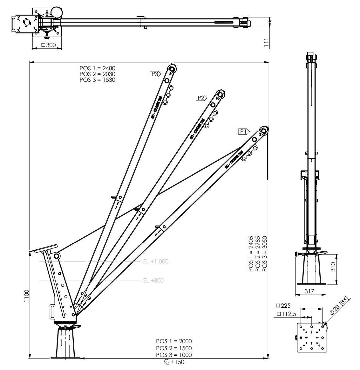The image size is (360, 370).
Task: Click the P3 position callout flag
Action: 155,74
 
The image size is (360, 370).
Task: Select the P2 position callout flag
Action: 201,98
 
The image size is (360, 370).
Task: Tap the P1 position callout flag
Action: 244,131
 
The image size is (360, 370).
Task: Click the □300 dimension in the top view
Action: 49,45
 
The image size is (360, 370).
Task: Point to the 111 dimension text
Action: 267,43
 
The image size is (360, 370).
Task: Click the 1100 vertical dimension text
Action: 27,296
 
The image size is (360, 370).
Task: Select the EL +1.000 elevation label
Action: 156,262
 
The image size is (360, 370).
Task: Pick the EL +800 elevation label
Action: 153,281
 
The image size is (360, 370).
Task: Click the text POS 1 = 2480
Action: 97,68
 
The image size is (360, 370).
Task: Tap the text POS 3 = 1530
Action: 97,80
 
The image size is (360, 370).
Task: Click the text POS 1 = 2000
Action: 174,341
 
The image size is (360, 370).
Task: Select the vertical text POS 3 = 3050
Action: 265,254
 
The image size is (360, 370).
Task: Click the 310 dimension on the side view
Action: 333,266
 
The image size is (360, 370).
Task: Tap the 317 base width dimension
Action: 309,291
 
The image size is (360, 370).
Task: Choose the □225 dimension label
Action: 283,306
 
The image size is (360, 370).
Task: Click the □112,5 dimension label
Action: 286,314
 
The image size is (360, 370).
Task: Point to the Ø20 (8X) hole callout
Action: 339,306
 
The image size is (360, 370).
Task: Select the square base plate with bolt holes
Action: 311,338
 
